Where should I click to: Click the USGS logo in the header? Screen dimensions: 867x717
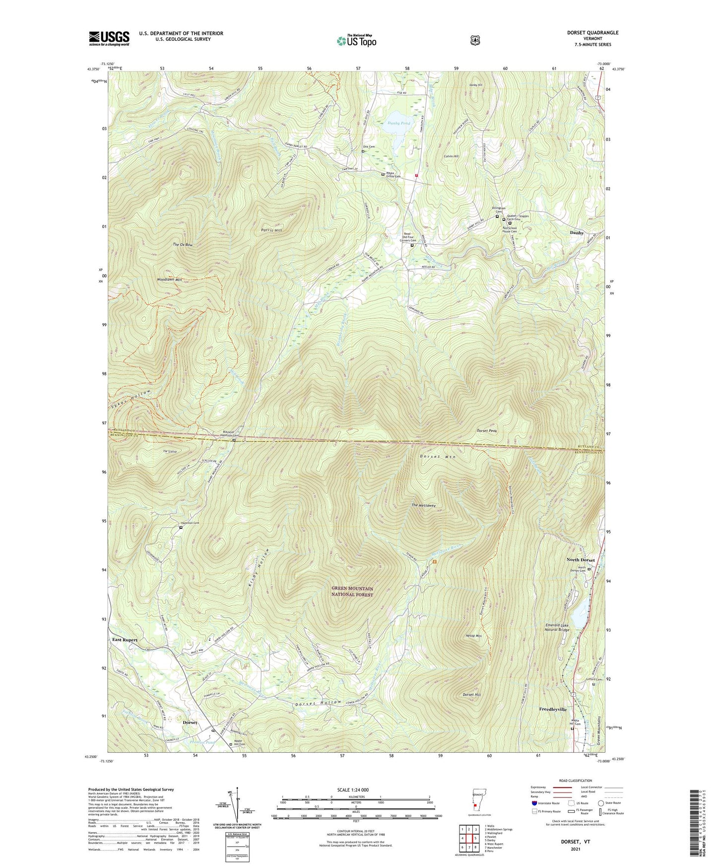[109, 38]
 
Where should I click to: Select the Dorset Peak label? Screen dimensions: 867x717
[486, 431]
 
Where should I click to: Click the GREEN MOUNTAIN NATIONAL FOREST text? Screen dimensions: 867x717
[352, 591]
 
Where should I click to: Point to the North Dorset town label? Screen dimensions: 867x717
[580, 560]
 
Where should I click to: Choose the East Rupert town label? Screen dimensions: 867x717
[125, 640]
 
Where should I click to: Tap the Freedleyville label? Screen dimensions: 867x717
[553, 710]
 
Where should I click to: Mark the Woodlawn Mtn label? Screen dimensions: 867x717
[169, 280]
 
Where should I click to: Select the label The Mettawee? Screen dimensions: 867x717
[423, 506]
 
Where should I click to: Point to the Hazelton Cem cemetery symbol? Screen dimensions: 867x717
[181, 528]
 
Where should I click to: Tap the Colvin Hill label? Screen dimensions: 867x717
[451, 156]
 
